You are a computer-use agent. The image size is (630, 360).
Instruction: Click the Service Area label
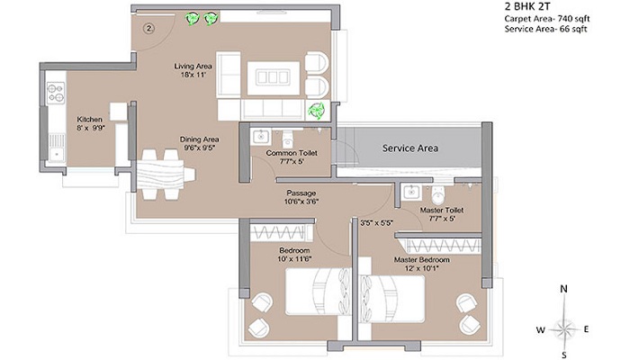409,148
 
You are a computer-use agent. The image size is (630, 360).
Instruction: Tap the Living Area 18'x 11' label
193,70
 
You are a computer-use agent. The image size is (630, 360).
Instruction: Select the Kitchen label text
90,120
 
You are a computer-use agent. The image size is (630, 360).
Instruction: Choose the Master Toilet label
442,210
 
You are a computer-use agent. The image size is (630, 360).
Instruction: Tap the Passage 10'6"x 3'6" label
301,197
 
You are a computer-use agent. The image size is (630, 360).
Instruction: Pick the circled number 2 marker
149,29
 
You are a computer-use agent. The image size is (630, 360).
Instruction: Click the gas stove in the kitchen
56,93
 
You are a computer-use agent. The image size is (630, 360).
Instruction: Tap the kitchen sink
56,148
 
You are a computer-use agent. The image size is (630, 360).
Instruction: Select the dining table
166,175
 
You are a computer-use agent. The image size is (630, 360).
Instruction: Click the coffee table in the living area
274,78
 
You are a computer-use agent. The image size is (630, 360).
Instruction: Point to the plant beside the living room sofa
316,111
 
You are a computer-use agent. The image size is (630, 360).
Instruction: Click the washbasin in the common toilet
260,138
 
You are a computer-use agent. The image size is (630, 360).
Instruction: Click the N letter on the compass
564,289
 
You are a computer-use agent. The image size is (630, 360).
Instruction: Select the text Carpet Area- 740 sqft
547,19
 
